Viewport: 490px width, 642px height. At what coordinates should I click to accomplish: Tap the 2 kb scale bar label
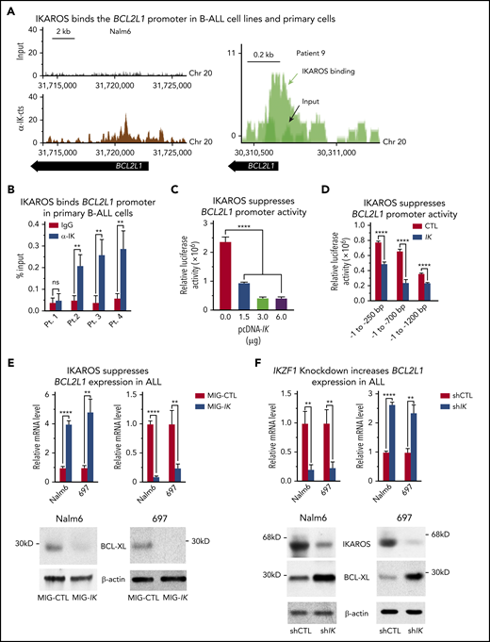62,31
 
